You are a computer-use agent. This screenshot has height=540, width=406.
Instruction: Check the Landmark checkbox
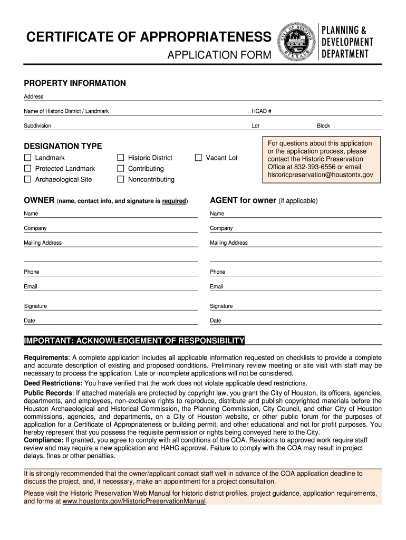pos(27,158)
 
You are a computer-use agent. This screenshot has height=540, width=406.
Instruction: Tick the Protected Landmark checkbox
pos(27,169)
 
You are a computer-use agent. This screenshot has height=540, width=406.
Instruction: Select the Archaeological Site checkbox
pos(27,179)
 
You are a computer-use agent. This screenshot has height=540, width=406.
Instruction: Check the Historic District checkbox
pos(120,158)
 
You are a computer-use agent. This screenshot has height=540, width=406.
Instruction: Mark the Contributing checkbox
pos(120,169)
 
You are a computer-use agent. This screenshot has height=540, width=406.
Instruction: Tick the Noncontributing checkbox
pos(120,179)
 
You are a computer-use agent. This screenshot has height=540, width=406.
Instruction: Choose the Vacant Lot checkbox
pos(198,158)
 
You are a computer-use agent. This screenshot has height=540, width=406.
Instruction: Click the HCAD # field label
pos(261,111)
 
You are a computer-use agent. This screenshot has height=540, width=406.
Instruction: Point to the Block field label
pos(323,126)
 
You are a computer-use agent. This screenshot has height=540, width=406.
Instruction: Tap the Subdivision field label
pos(37,126)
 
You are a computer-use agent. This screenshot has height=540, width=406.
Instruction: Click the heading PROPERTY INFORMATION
pos(75,83)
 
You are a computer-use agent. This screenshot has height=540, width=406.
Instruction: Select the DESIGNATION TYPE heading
pos(63,146)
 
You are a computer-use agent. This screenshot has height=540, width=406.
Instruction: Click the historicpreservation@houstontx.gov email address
pos(320,175)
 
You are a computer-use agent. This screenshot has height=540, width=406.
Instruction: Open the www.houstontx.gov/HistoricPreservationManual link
pos(134,502)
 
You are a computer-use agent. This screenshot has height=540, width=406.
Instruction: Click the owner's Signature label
pos(35,306)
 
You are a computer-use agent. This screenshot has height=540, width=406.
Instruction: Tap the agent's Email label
pos(217,287)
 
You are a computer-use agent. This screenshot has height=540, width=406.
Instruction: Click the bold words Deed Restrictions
pos(53,383)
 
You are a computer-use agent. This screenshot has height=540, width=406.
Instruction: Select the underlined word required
pos(174,201)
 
